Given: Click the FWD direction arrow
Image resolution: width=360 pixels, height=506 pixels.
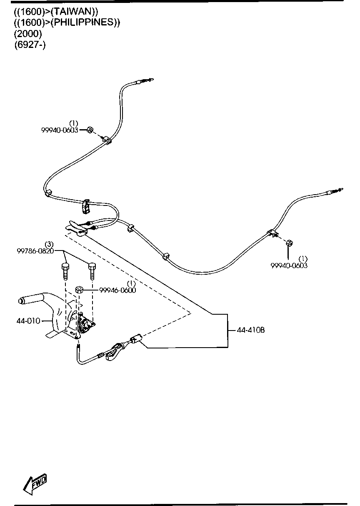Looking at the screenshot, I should click(x=35, y=483).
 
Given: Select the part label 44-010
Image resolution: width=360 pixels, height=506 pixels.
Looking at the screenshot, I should click(x=28, y=321).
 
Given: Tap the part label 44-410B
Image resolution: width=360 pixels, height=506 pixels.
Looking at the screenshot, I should click(x=251, y=330).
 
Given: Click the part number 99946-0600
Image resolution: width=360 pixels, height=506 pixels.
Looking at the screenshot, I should click(x=117, y=290).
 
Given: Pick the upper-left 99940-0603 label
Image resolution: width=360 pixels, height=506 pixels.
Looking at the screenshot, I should click(x=60, y=130).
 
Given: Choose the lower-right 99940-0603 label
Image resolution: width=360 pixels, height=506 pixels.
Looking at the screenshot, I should click(x=289, y=266).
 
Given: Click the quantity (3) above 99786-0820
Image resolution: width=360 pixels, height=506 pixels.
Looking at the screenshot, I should click(x=49, y=244).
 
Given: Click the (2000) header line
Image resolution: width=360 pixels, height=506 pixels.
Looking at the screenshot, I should click(x=28, y=33).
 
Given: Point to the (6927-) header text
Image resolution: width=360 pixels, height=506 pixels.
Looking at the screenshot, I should click(x=30, y=44).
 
